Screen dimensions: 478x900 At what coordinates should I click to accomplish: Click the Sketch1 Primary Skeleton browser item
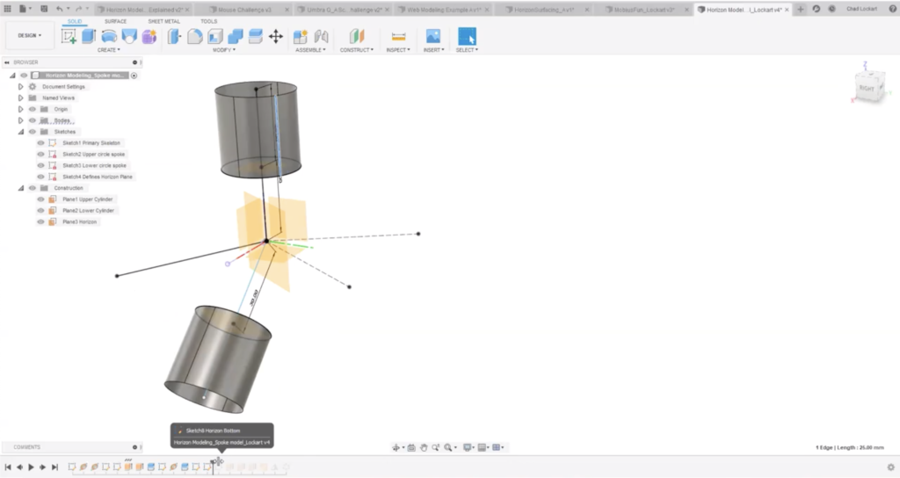pos(92,142)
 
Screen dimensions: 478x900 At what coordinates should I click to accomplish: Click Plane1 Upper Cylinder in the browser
pos(88,199)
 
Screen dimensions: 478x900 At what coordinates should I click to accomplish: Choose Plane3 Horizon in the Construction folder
pos(80,222)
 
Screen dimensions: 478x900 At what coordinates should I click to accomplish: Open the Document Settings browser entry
pos(63,87)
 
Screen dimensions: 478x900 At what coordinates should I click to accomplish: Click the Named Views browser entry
pos(58,98)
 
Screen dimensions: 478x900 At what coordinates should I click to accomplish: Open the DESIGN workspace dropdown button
pos(29,36)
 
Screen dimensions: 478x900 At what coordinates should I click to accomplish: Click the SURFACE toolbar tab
pos(115,21)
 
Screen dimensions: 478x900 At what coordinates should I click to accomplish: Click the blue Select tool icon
pos(467,36)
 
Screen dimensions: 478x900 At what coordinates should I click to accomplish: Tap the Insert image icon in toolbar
pos(432,36)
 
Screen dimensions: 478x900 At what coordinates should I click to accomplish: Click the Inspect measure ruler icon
pos(398,36)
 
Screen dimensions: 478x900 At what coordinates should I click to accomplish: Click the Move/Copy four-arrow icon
pos(275,36)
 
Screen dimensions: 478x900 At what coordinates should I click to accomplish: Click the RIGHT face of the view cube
pos(867,89)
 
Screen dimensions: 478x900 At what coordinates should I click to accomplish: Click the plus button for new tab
pos(800,9)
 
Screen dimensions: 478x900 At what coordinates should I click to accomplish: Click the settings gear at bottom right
pos(891,467)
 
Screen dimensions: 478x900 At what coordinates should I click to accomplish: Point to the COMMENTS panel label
pos(26,447)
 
